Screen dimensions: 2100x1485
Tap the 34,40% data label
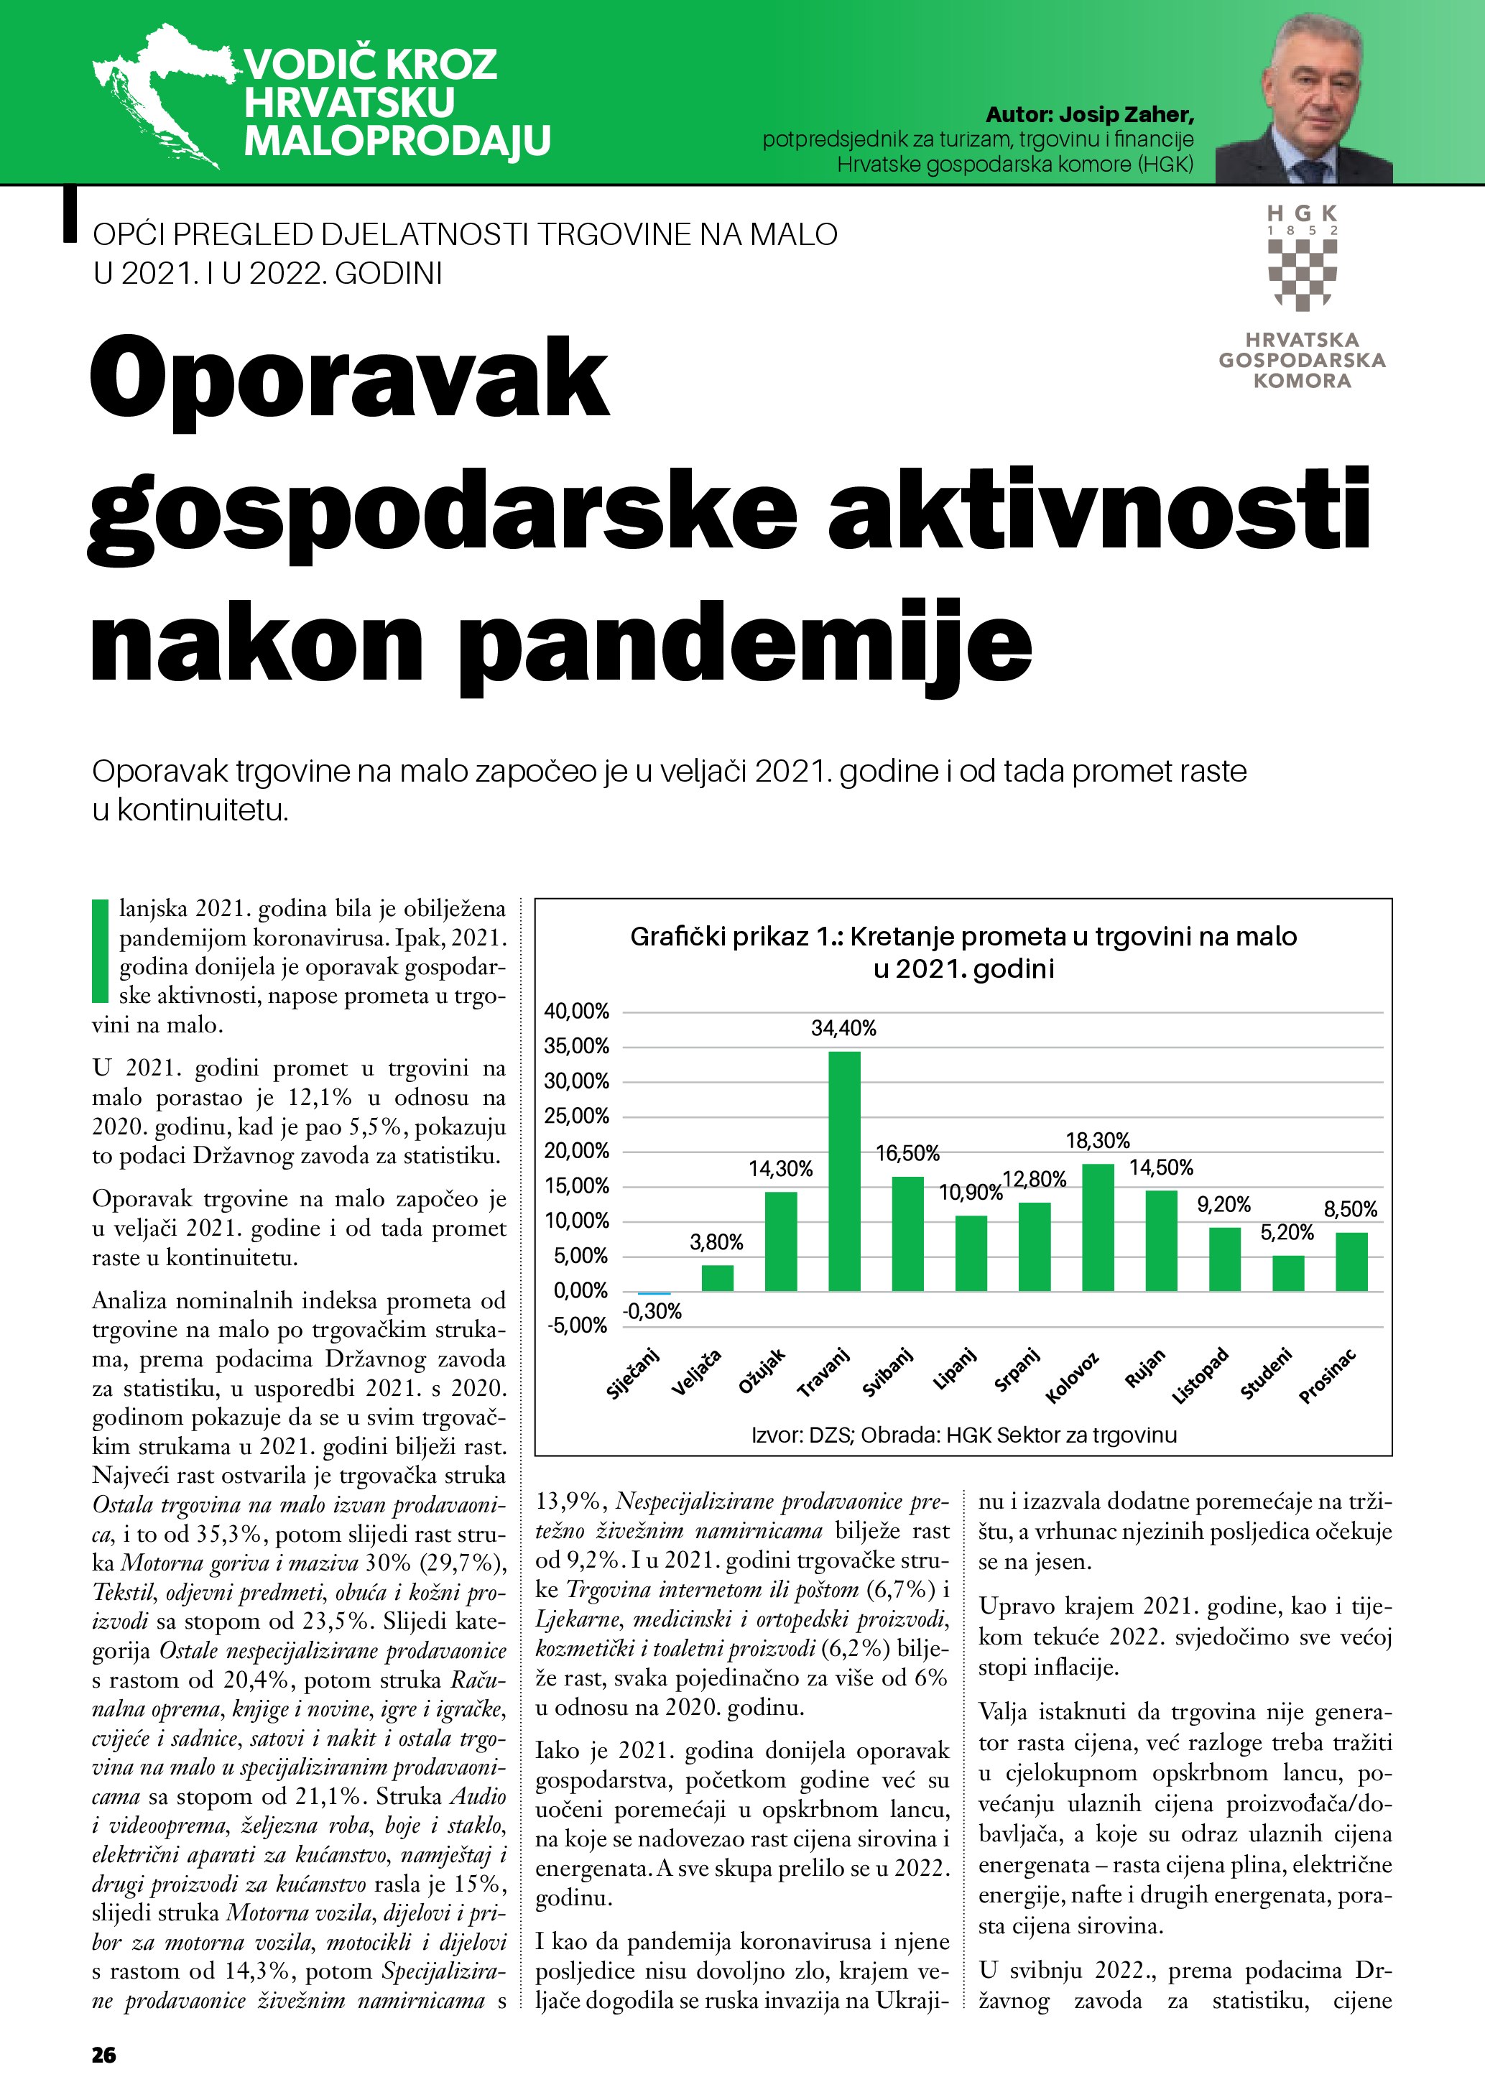point(843,1029)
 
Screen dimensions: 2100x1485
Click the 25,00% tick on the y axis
point(576,1116)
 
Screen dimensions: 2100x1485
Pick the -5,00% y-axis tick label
point(576,1326)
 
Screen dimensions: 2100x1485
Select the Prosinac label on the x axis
point(1328,1377)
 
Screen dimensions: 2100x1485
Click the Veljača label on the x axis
point(697,1372)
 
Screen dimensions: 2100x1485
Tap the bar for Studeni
point(1287,1273)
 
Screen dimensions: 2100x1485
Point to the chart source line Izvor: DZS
point(963,1435)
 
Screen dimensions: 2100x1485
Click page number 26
point(104,2055)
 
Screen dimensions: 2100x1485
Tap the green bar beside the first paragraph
point(100,951)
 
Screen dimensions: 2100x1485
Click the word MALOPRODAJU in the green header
point(397,142)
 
